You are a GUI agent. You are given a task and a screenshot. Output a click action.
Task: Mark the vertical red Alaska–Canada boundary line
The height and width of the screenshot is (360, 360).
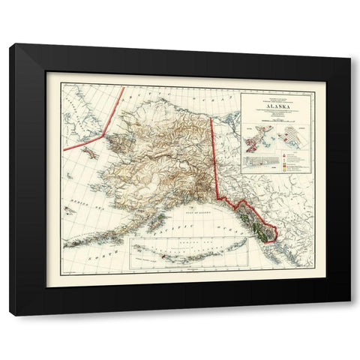213,142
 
